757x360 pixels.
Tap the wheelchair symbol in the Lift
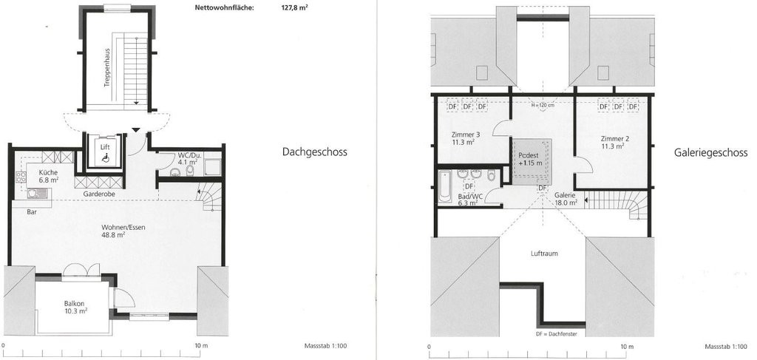[x=105, y=157]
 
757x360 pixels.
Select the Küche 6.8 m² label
[x=49, y=176]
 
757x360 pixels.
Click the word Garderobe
[x=98, y=194]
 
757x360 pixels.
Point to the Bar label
[x=33, y=211]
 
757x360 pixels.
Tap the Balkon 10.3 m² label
[x=75, y=308]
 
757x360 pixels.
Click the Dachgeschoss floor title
[x=314, y=152]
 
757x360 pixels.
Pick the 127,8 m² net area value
[x=295, y=7]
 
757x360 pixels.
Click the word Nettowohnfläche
[x=224, y=7]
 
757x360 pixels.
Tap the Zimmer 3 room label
[x=463, y=138]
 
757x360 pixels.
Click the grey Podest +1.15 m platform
[x=532, y=162]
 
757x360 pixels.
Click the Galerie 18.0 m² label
[x=566, y=199]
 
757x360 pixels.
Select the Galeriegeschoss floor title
[x=710, y=152]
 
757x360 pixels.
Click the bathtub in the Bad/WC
[x=444, y=186]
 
